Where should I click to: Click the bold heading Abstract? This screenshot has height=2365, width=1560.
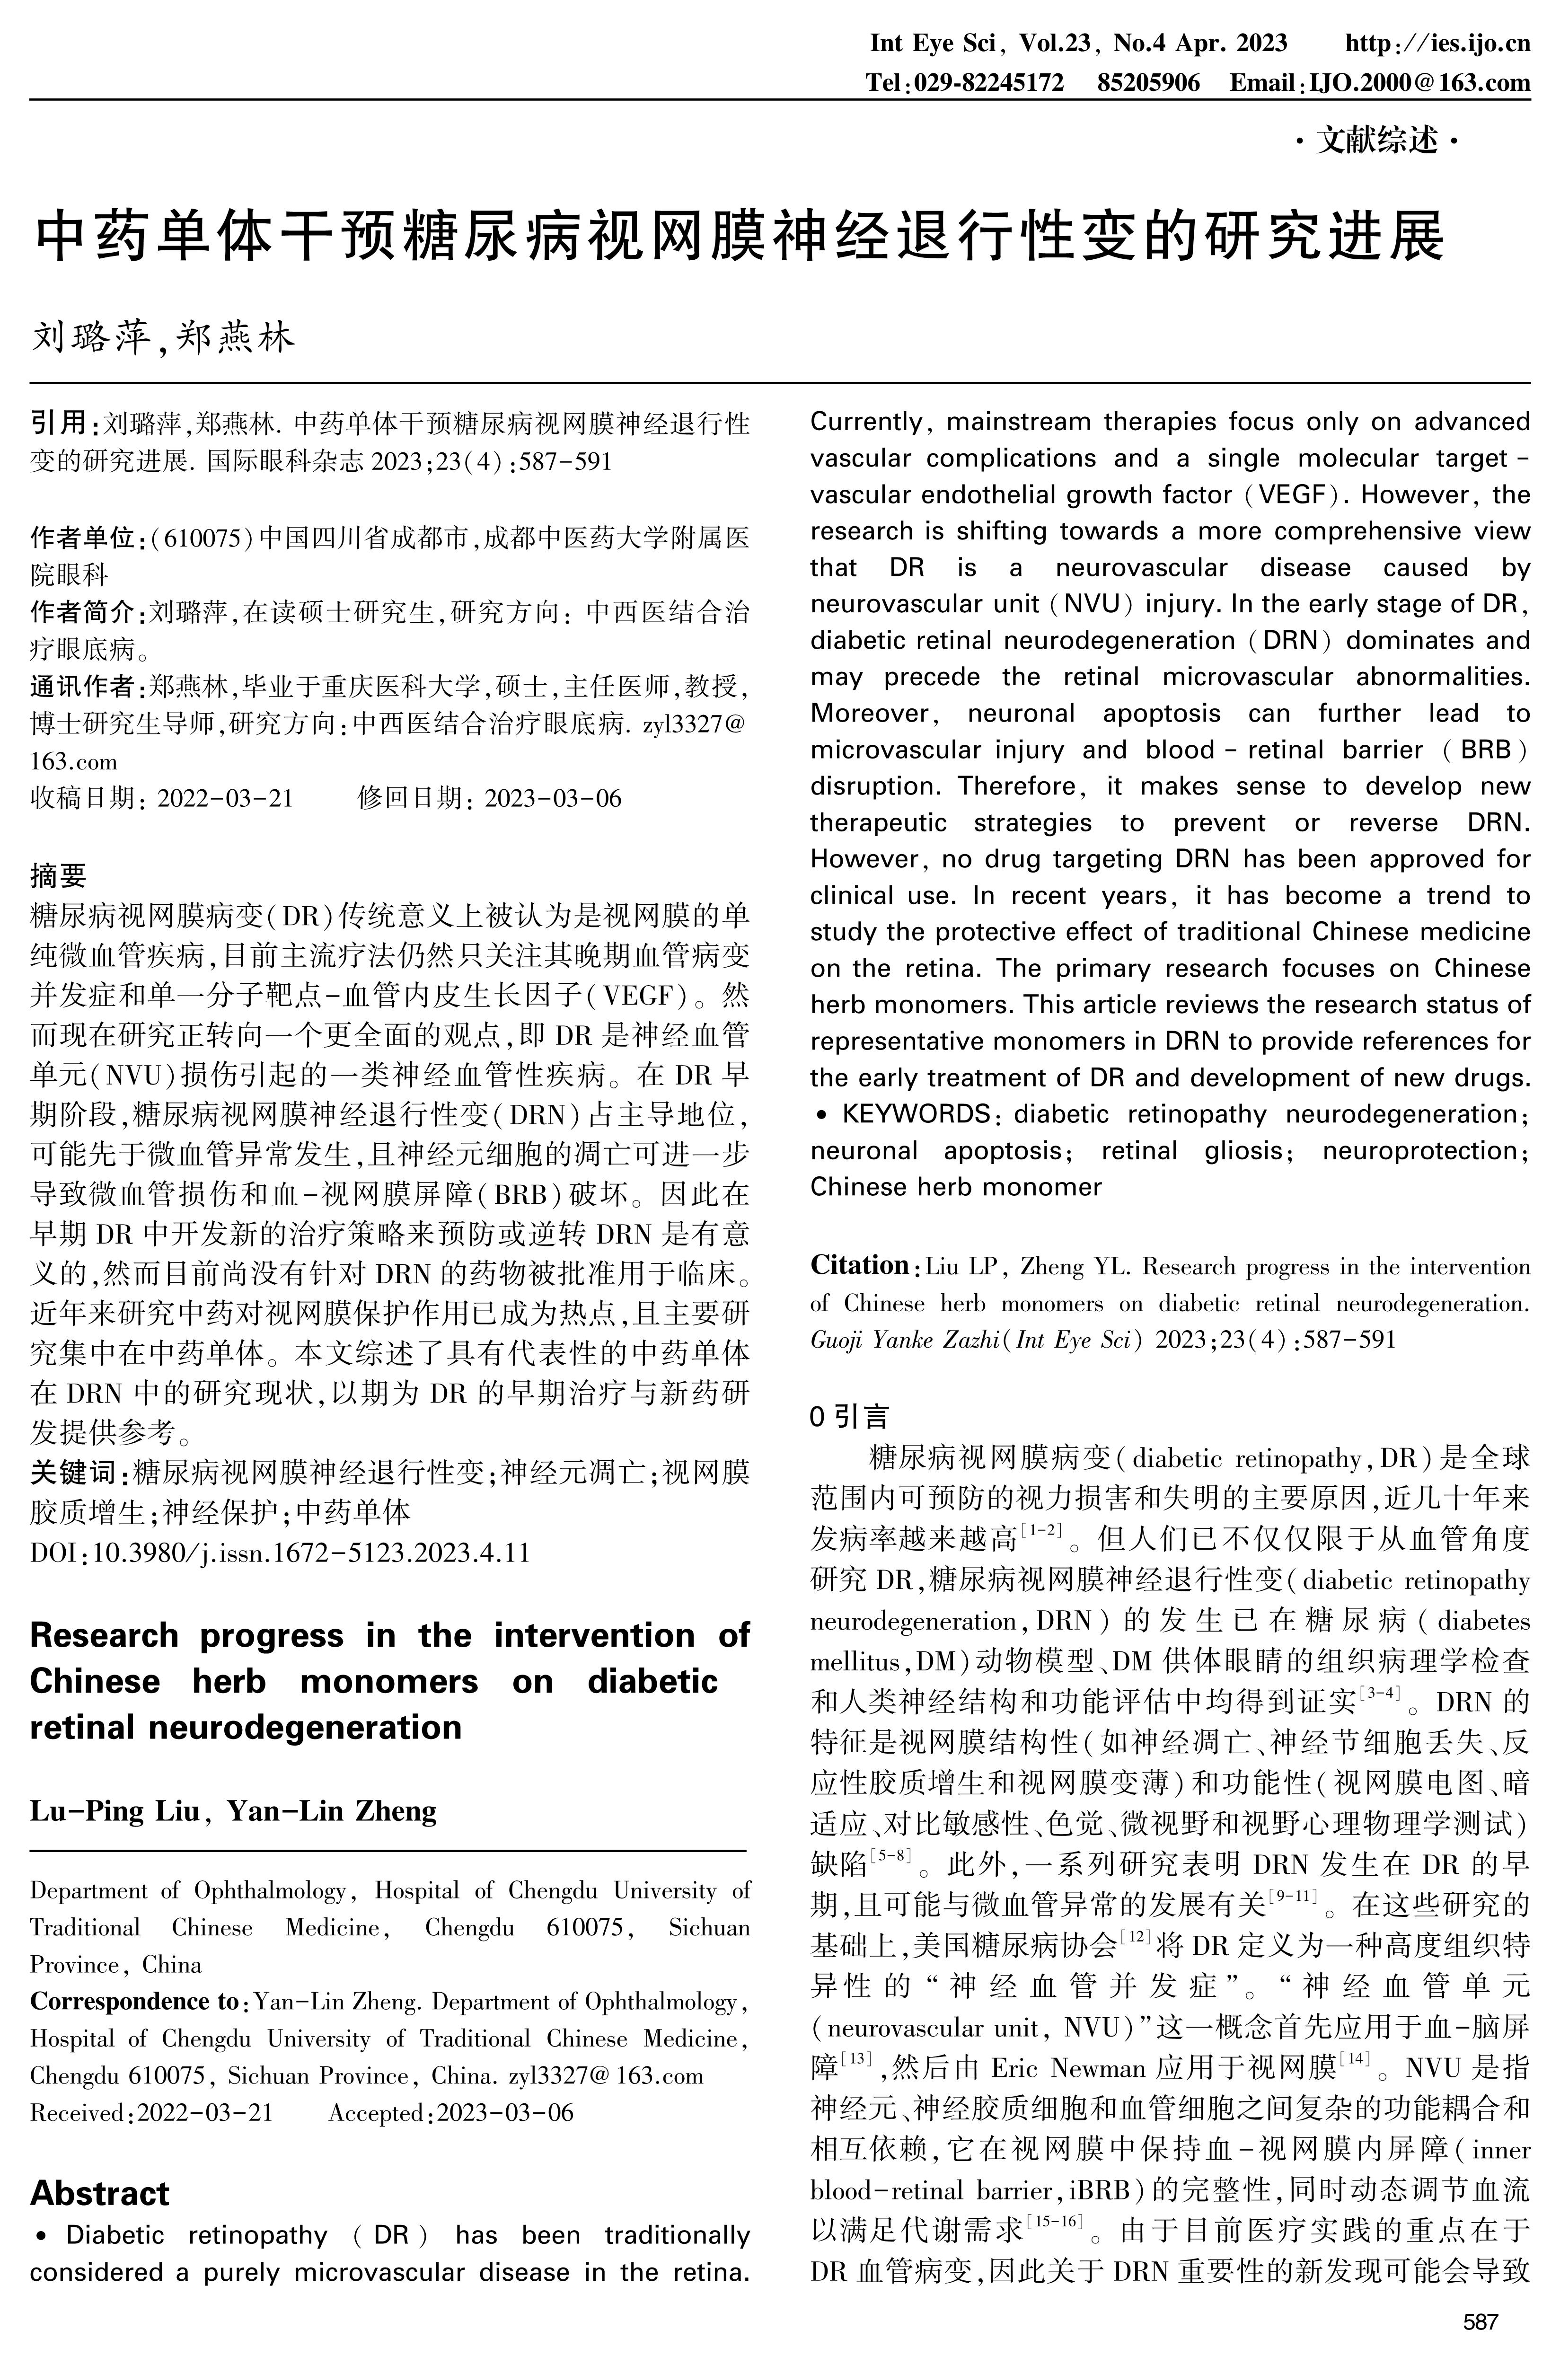(99, 2192)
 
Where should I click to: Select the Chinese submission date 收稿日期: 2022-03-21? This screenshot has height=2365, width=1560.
(162, 798)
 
